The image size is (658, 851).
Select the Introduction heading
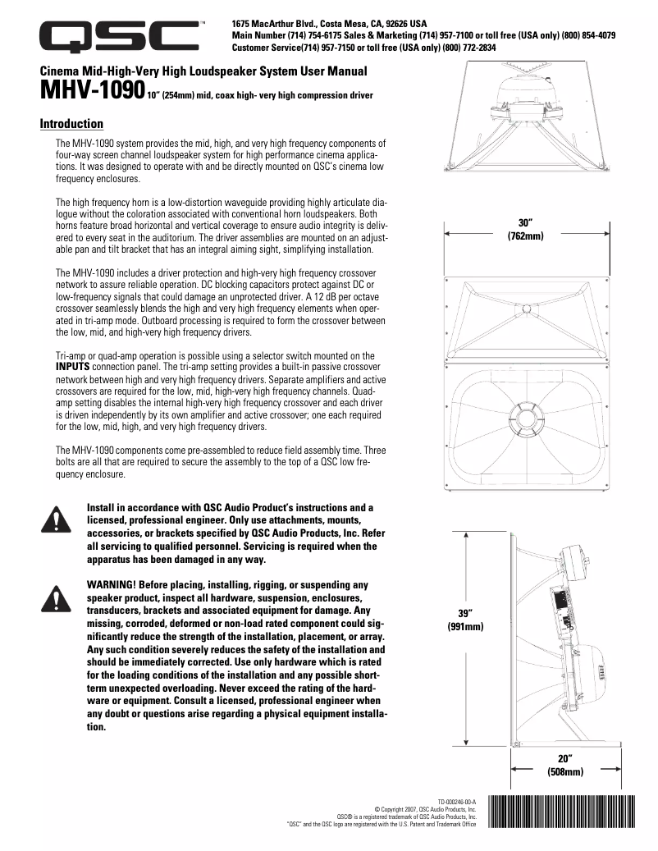[x=71, y=124]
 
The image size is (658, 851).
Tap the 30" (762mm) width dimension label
[x=526, y=229]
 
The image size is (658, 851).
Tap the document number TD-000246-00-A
[x=456, y=800]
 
